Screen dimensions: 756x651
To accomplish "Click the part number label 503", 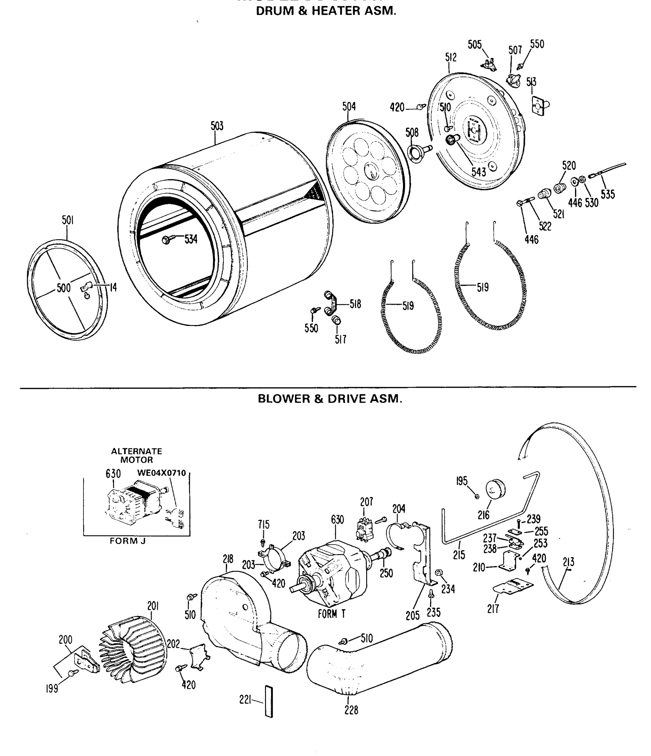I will coord(217,126).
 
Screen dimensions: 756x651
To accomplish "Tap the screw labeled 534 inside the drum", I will coord(166,240).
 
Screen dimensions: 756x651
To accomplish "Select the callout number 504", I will coord(349,106).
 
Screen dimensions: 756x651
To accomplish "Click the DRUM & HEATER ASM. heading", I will coord(325,11).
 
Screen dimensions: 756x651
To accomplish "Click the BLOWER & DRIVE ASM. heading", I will coord(330,398).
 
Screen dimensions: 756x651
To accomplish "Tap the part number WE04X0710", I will coord(161,473).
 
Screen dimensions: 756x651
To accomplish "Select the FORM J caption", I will coord(128,541).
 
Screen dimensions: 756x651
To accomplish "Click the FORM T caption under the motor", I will coord(331,614).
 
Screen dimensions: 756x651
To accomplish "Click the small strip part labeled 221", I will coord(269,702).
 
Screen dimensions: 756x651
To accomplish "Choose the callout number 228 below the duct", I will coord(351,710).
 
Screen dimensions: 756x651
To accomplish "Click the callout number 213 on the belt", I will coord(568,562).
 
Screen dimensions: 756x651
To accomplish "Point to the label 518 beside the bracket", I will coord(355,304).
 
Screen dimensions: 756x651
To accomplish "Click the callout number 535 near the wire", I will coord(608,194).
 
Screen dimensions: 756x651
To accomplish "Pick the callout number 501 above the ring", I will coord(67,220).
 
